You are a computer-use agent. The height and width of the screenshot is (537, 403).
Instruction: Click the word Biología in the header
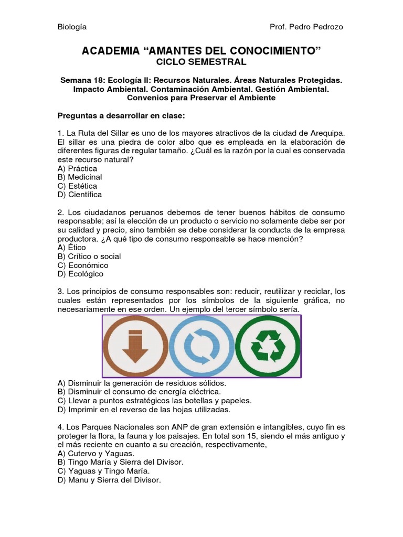click(x=72, y=27)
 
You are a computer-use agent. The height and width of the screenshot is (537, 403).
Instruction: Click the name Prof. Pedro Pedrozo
click(x=306, y=27)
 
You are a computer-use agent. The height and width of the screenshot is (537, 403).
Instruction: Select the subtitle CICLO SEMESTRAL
click(x=201, y=62)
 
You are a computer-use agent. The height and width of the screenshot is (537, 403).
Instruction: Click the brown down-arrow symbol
click(x=135, y=347)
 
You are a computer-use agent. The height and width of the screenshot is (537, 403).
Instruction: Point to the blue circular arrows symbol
click(x=201, y=347)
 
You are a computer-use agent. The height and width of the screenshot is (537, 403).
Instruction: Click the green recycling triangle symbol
click(x=268, y=347)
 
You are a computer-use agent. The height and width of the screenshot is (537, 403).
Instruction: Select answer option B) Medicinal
click(x=80, y=177)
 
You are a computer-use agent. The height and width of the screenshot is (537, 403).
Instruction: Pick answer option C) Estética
click(x=77, y=186)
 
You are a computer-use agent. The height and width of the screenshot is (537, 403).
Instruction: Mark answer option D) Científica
click(x=80, y=195)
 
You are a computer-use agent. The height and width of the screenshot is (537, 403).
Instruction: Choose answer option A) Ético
click(x=72, y=248)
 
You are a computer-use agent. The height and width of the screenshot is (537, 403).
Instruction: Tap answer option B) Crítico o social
click(x=89, y=256)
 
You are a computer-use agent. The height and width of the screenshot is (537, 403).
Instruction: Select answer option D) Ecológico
click(x=80, y=274)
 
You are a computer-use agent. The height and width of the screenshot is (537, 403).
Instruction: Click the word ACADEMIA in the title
click(x=110, y=50)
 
